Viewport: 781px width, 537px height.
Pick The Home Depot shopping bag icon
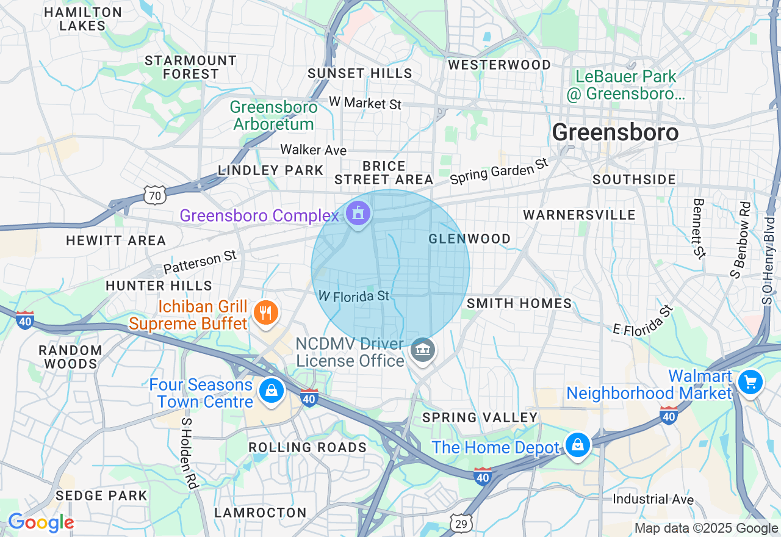coord(577,446)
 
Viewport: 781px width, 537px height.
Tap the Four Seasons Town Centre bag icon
coord(271,390)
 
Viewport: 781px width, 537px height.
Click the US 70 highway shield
coord(154,196)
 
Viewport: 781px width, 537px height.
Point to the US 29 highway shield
coord(461,522)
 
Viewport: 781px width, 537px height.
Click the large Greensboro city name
coord(615,132)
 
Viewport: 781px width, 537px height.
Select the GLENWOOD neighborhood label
coord(469,239)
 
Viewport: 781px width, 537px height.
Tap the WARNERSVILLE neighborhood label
coord(579,215)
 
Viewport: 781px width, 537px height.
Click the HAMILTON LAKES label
coord(83,19)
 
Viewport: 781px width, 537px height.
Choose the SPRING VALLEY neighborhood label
coord(480,417)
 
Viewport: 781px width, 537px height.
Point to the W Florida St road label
coord(353,296)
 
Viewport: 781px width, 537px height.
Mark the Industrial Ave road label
coord(653,499)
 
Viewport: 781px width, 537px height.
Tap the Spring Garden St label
coord(499,171)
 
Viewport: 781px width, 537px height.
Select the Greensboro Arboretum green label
coord(273,115)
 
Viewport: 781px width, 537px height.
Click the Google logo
coord(40,522)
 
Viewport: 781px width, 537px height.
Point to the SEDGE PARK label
coord(101,495)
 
